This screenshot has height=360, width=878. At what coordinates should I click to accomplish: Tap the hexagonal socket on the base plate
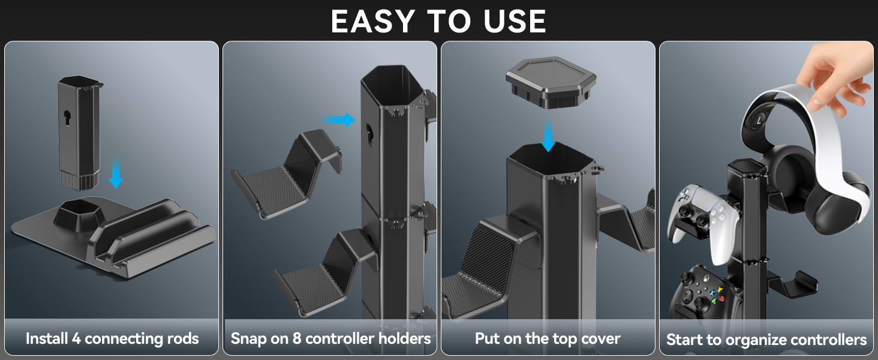pyautogui.click(x=80, y=213)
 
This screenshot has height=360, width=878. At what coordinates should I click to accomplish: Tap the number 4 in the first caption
pyautogui.click(x=77, y=339)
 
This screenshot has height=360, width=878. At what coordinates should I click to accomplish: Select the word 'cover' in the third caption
pyautogui.click(x=600, y=339)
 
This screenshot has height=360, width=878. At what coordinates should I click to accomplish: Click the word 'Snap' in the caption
pyautogui.click(x=248, y=339)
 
